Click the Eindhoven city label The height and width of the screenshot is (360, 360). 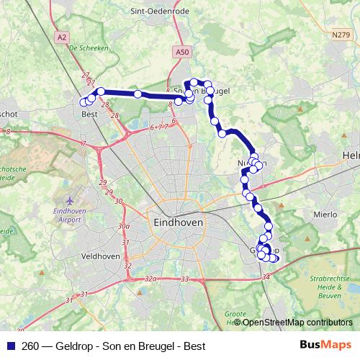tap(179, 224)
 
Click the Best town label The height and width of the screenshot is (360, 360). tap(90, 114)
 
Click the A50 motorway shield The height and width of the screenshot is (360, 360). tap(183, 52)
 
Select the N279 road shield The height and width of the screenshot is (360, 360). tap(341, 35)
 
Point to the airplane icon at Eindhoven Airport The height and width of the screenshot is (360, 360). tap(69, 199)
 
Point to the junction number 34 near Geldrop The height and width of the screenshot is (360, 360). tap(266, 276)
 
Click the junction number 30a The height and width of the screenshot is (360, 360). tap(125, 225)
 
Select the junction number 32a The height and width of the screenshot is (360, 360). tap(150, 277)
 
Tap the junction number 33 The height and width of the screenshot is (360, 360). tap(185, 279)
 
